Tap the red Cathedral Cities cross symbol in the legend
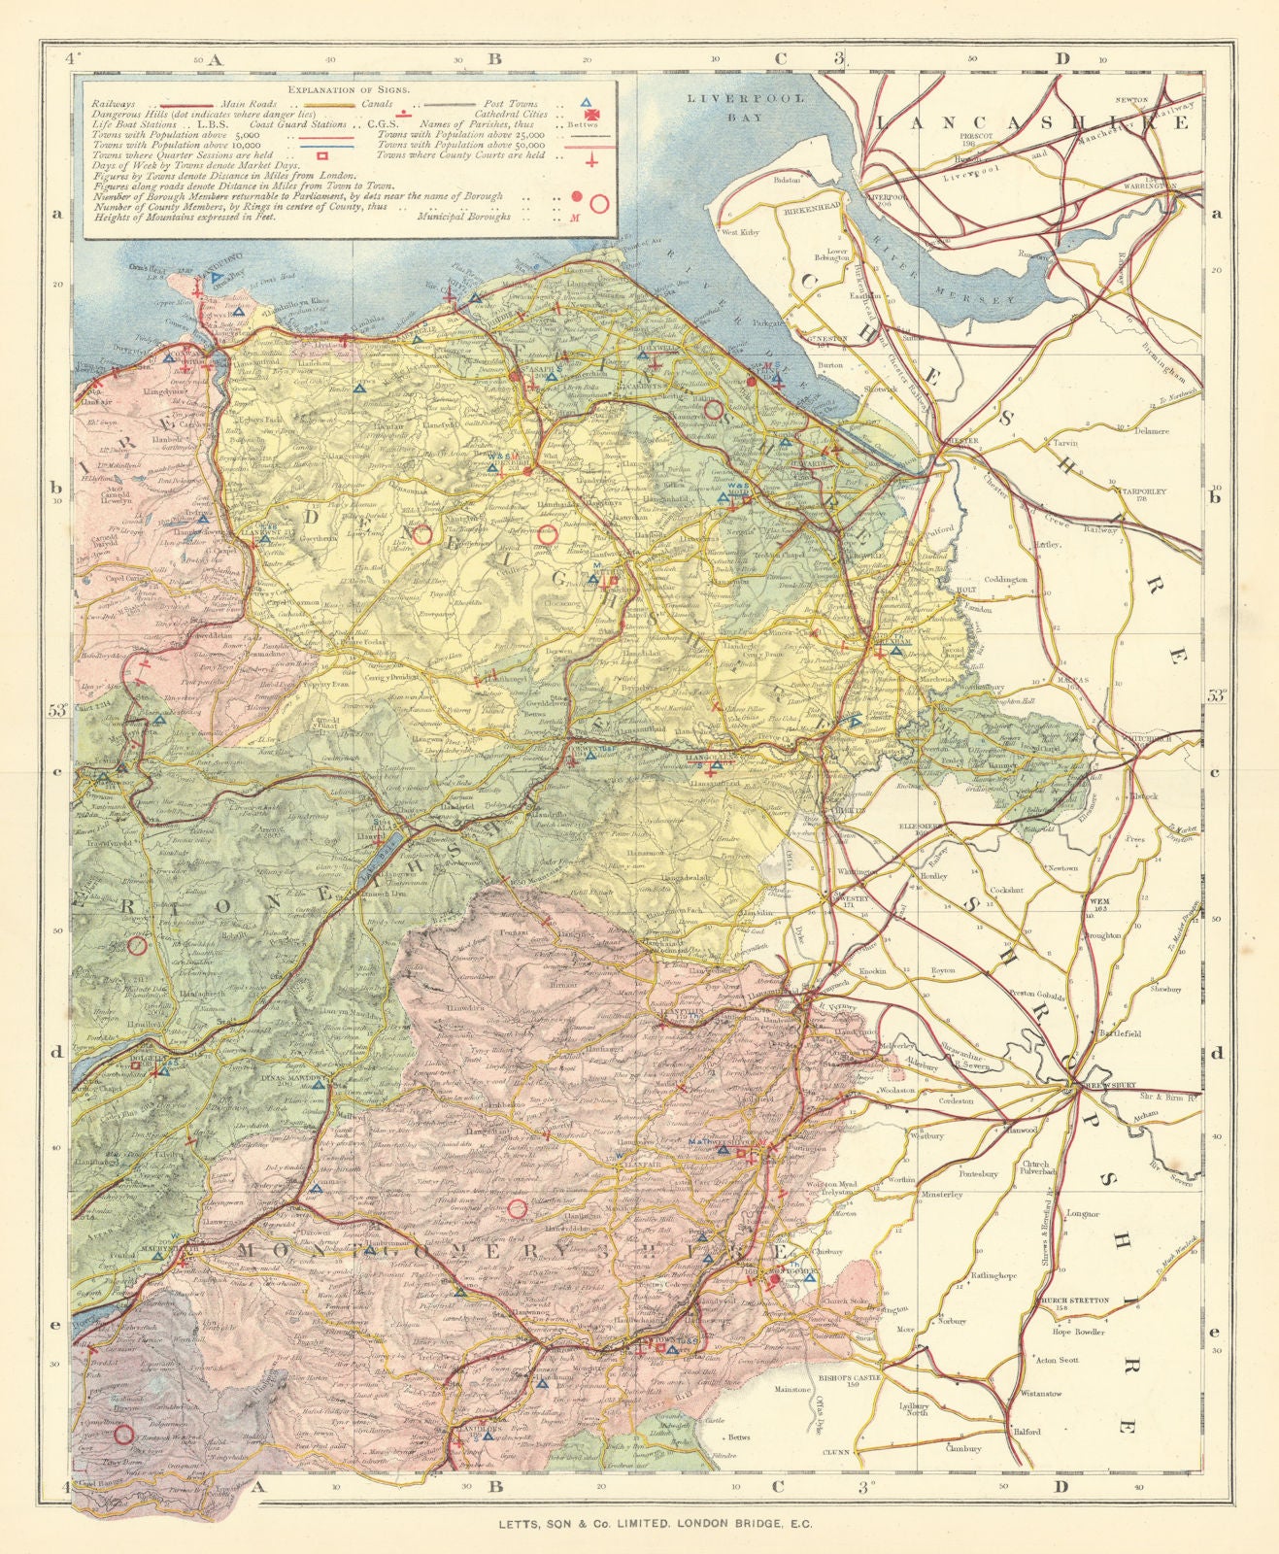(588, 114)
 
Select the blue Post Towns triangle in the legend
(587, 101)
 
